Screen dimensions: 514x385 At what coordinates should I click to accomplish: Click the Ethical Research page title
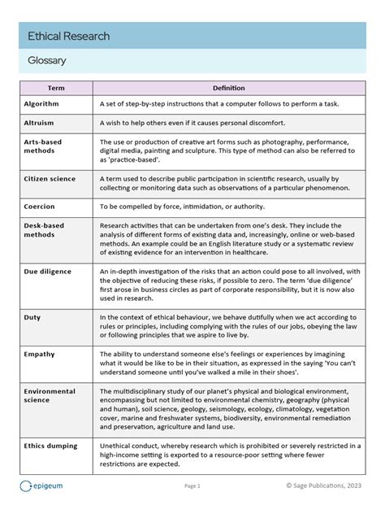[68, 37]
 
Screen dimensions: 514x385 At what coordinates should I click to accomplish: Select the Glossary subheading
[46, 60]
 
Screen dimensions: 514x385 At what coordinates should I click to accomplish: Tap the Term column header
[55, 88]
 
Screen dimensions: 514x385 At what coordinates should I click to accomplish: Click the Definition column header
[228, 88]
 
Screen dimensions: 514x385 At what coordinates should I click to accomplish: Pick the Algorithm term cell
[41, 104]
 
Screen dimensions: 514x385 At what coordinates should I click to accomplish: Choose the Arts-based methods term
[43, 146]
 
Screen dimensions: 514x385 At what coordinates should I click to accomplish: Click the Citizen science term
[50, 179]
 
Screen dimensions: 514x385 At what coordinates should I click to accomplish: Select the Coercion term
[40, 207]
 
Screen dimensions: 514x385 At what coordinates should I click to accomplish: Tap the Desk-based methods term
[44, 230]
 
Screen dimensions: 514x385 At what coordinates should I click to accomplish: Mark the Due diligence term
[47, 272]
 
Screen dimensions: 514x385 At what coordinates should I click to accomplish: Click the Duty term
[32, 317]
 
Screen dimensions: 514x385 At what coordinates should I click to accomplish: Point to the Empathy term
[39, 354]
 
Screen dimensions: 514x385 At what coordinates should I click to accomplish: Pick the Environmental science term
[50, 396]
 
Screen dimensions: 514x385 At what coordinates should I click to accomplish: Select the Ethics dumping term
[50, 446]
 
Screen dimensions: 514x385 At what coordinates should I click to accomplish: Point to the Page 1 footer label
[192, 486]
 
